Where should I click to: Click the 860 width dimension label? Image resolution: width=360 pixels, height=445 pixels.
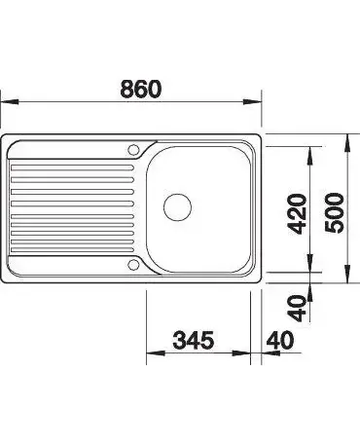140,89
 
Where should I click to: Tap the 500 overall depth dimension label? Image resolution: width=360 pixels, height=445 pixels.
334,212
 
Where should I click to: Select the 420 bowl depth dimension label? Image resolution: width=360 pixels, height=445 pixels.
297,213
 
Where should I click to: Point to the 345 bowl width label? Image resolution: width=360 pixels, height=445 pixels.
194,340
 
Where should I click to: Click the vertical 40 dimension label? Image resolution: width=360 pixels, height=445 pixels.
297,309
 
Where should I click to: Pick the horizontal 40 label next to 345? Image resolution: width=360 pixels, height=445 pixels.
280,340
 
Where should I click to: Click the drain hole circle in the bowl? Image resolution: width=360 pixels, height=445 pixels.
177,207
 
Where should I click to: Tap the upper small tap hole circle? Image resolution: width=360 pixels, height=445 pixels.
133,150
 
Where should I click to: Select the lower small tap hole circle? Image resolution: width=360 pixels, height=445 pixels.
133,265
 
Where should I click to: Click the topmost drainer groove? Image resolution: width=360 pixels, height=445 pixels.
72,167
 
